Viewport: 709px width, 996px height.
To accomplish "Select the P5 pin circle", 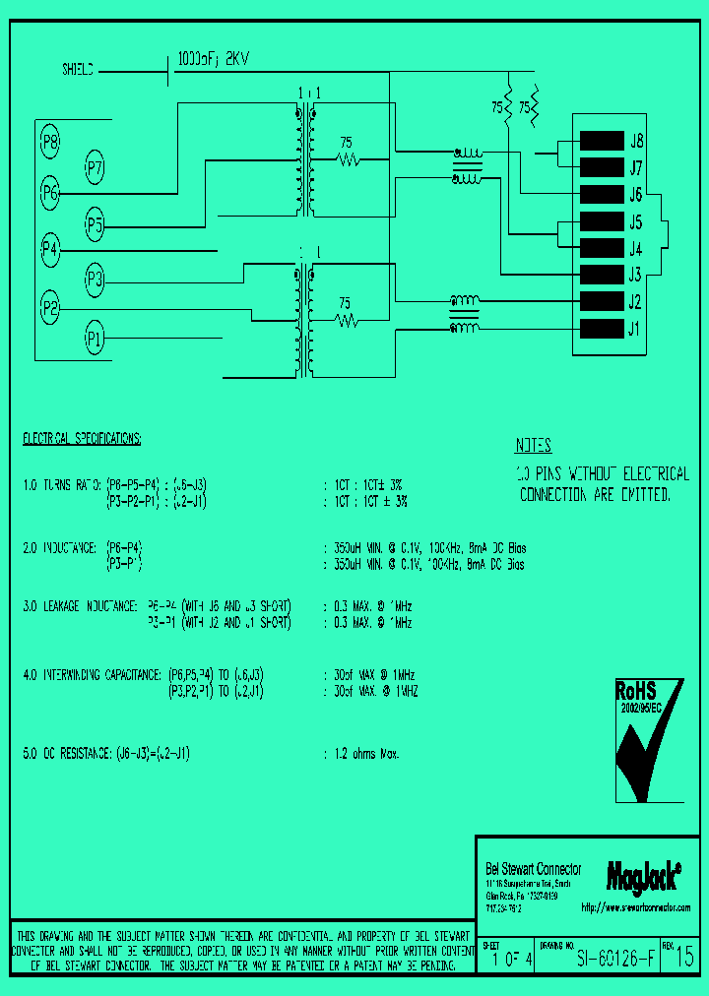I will point(95,225).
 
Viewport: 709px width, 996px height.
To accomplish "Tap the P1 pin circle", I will point(95,340).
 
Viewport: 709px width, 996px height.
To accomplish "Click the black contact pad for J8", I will point(603,141).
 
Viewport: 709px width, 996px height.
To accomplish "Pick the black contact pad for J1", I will point(603,328).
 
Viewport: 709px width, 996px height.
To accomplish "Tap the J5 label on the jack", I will point(636,221).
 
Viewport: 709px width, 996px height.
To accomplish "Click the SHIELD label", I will point(79,71).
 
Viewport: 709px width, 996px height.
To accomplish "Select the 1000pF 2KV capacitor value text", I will point(213,59).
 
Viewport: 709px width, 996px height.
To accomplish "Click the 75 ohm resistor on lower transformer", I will point(346,321).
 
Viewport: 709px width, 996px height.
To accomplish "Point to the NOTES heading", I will point(534,445).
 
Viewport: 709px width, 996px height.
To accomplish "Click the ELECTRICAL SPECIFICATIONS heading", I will point(82,437).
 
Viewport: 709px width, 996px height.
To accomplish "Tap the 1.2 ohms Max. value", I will point(365,754).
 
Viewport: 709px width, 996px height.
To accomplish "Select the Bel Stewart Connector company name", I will point(534,869).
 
